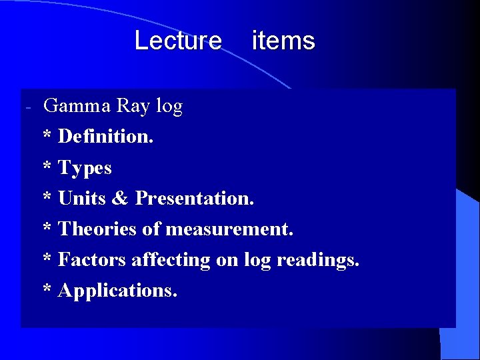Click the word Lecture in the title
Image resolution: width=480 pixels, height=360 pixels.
point(177,41)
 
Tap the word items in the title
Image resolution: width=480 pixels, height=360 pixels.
point(283,41)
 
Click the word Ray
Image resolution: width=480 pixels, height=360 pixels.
point(133,105)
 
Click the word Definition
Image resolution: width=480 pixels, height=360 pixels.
point(105,137)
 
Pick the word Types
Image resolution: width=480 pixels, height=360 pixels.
point(85,168)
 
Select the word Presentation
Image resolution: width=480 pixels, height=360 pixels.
point(194,198)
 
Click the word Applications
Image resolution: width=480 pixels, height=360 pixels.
point(117,291)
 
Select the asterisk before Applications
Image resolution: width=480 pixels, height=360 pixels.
point(47,289)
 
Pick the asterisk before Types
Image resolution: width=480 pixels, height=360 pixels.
point(47,167)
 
